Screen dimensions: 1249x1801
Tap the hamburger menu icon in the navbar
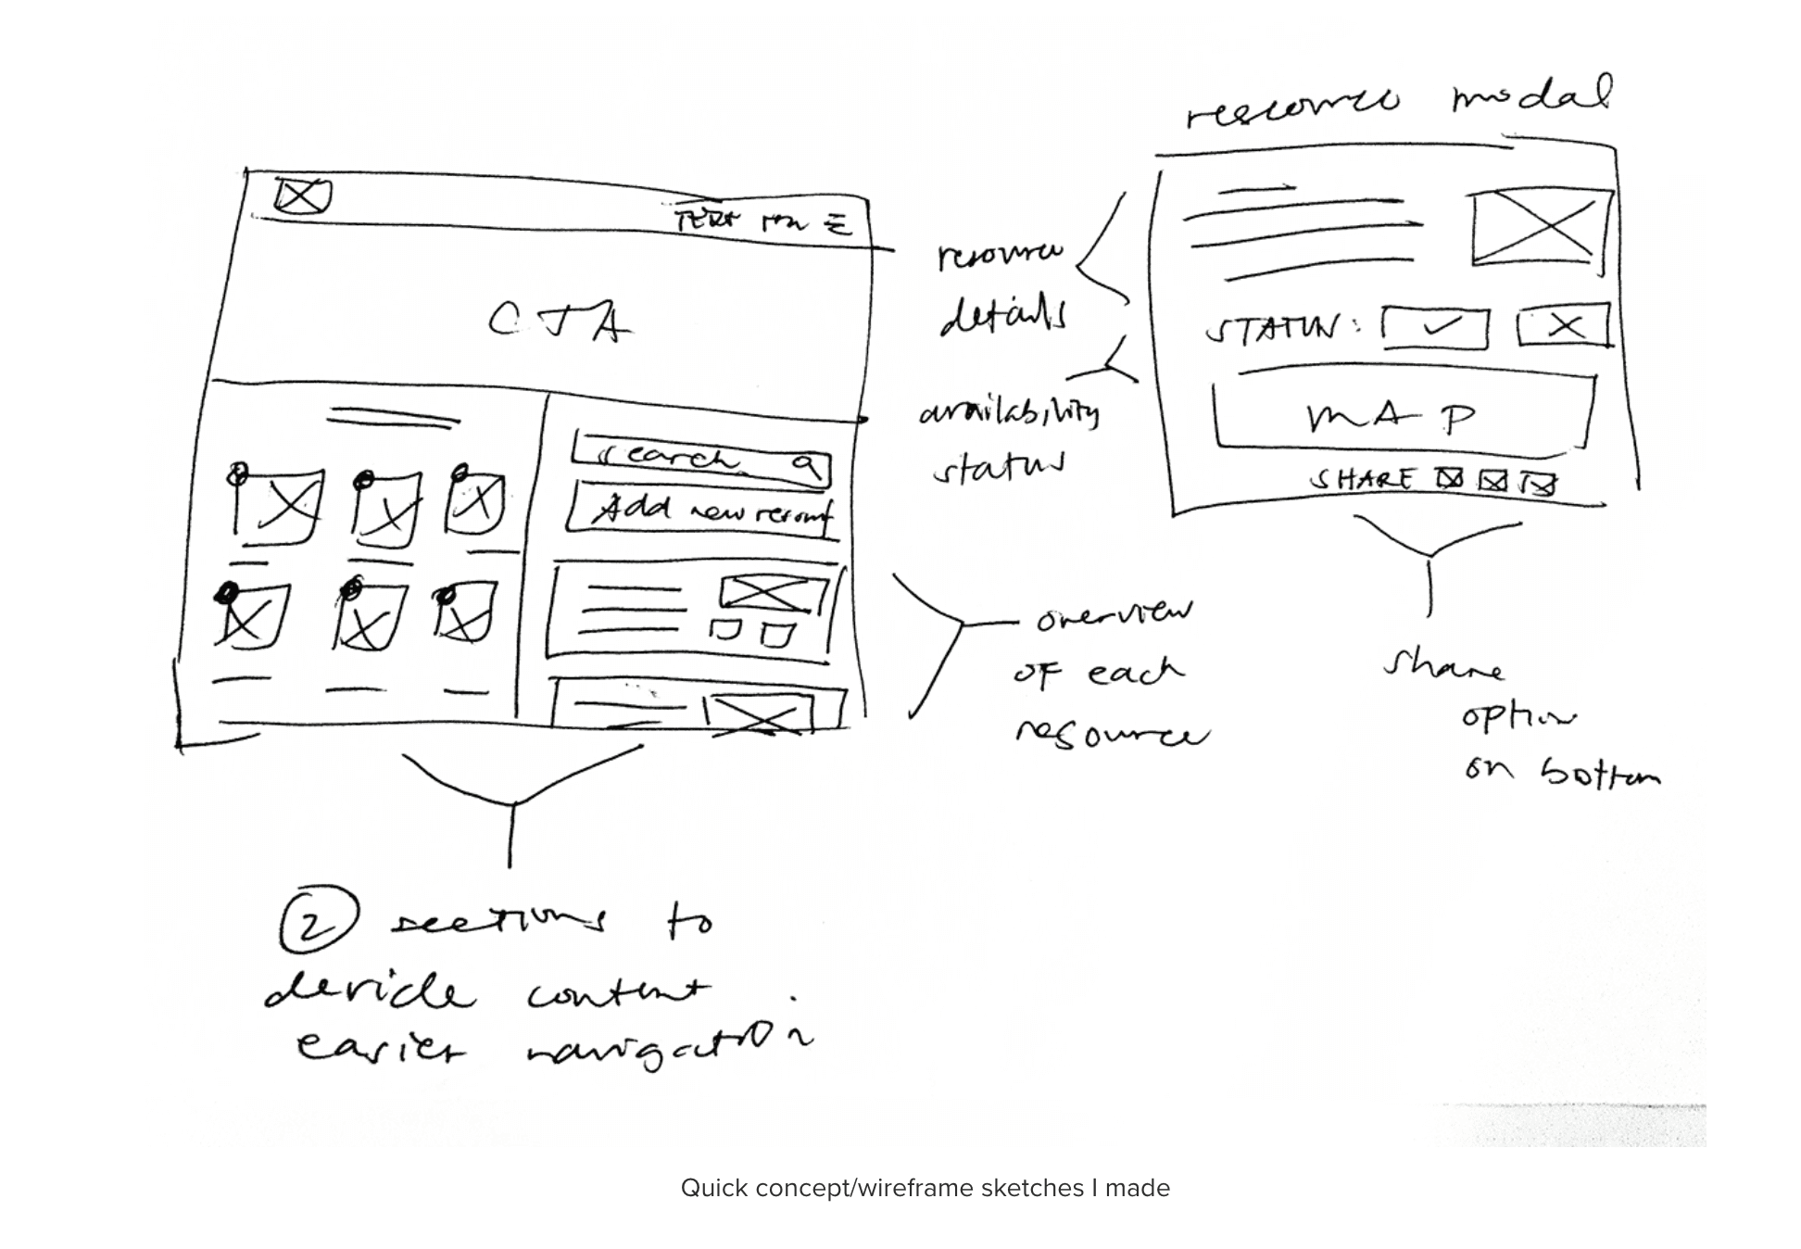pyautogui.click(x=838, y=223)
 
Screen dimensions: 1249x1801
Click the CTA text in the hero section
pyautogui.click(x=560, y=322)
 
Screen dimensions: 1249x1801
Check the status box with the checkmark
pyautogui.click(x=1436, y=327)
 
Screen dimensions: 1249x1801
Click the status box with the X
pyautogui.click(x=1564, y=325)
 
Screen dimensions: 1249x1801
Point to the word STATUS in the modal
pyautogui.click(x=1273, y=329)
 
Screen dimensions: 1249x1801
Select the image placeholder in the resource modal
pyautogui.click(x=1540, y=228)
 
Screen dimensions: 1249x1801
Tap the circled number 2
pyautogui.click(x=315, y=919)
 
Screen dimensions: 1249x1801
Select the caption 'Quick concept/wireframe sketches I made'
pyautogui.click(x=925, y=1188)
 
